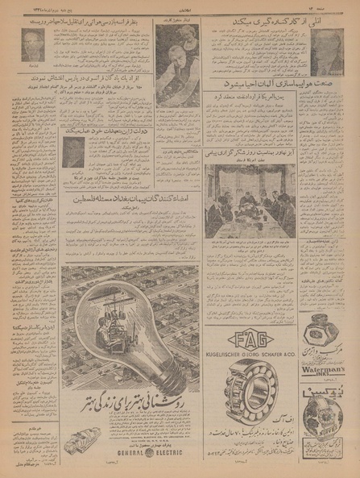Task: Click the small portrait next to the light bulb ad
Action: [75, 153]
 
